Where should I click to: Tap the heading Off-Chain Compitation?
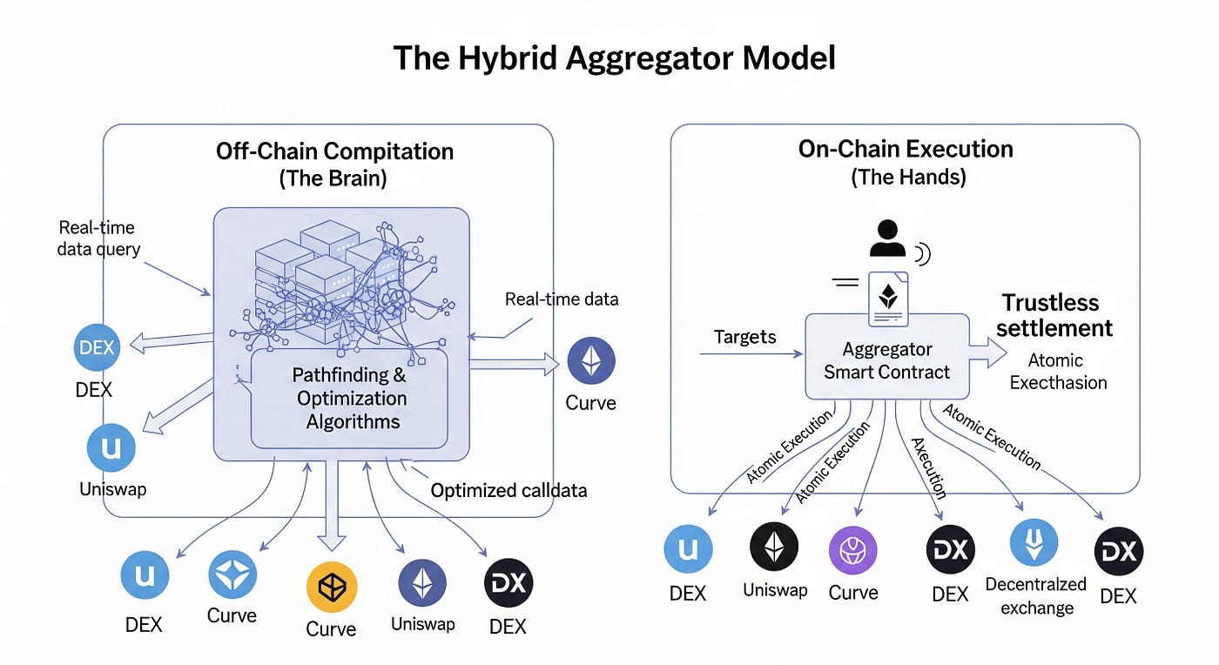click(334, 151)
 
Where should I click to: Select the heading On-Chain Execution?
click(906, 149)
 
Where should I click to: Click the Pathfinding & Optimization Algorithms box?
click(349, 399)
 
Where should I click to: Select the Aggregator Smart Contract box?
click(887, 359)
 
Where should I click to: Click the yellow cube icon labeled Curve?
click(332, 588)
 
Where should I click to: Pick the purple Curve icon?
click(852, 550)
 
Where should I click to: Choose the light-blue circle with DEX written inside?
click(96, 347)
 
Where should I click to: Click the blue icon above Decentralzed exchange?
click(1034, 542)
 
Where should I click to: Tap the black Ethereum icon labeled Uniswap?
click(774, 547)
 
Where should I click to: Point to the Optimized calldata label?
click(508, 491)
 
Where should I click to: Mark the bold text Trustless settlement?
click(1054, 315)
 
